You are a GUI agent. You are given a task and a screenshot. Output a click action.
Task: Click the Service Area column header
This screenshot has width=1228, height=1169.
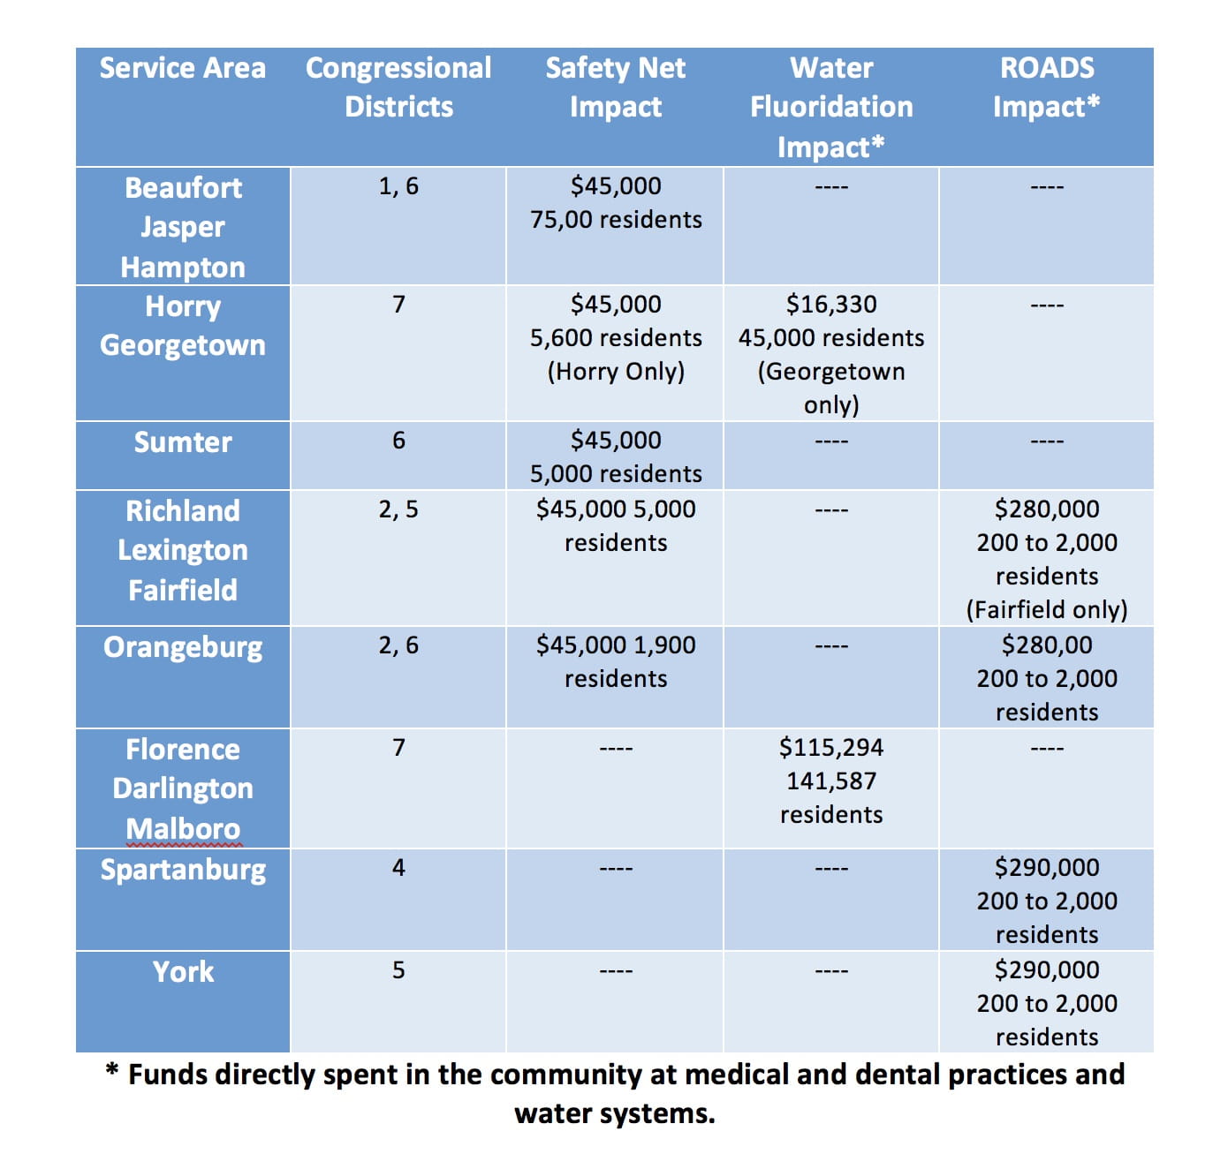[x=182, y=68]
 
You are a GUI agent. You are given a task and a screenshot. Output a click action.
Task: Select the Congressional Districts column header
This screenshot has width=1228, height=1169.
[x=398, y=87]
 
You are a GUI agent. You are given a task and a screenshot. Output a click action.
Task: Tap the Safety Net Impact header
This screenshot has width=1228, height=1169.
[x=615, y=87]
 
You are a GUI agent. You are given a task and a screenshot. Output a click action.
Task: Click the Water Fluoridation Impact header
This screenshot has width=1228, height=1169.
[x=830, y=108]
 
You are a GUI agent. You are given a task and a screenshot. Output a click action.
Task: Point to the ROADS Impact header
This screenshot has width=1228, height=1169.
[x=1046, y=87]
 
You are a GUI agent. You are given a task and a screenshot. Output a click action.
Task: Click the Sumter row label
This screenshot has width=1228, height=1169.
[x=182, y=442]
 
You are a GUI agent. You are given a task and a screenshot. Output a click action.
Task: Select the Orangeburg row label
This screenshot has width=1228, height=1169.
[x=182, y=647]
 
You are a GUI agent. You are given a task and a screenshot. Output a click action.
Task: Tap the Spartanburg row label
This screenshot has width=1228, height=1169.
[x=182, y=870]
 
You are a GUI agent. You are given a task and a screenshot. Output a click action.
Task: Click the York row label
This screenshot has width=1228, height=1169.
[x=182, y=972]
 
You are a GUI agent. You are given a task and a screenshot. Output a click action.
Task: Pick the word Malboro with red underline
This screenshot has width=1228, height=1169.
[x=182, y=829]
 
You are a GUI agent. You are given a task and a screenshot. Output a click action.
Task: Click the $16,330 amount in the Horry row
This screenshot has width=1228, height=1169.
[x=830, y=304]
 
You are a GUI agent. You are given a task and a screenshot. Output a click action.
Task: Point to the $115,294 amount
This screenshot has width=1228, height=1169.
[x=830, y=748]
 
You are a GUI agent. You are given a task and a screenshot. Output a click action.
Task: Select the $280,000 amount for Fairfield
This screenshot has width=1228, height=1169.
[x=1046, y=509]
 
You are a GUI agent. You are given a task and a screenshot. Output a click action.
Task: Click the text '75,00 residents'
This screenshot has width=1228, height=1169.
[x=615, y=220]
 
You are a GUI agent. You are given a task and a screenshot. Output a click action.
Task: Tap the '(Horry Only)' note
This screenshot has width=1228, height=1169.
[x=615, y=372]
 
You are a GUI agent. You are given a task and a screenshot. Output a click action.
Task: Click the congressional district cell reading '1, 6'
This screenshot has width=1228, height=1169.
[x=398, y=186]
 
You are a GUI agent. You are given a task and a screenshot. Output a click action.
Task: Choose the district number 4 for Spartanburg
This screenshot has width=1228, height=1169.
[x=398, y=867]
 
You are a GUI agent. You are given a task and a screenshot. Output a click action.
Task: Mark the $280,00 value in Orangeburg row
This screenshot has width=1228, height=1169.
[x=1046, y=645]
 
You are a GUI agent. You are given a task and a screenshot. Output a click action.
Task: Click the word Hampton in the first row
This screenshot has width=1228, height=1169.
[x=182, y=268]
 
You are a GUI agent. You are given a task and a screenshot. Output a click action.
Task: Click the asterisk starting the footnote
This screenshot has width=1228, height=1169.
[x=112, y=1069]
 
